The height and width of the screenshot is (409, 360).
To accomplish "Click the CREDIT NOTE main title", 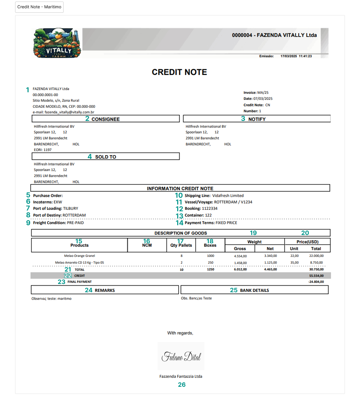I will point(179,72).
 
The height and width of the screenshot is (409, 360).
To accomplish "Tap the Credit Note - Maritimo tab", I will point(39,7).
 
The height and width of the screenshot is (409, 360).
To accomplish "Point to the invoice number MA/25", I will point(263,92).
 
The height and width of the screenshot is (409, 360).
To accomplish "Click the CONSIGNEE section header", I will point(105,119).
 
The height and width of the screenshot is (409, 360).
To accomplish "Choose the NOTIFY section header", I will point(257,119).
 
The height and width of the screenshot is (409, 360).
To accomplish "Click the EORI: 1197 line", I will point(43,150).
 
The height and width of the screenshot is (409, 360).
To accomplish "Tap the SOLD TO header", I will point(105,157).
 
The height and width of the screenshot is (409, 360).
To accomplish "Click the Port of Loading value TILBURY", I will point(70,208).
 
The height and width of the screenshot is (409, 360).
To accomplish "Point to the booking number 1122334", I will point(210,208).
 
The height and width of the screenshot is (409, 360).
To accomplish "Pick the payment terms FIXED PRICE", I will point(226,223).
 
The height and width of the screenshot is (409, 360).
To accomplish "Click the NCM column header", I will point(147,245).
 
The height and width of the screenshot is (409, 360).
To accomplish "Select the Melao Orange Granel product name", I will point(80,256).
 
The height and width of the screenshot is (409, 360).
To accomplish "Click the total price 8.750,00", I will point(316,262).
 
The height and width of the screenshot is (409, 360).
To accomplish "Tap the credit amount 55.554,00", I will point(316,276).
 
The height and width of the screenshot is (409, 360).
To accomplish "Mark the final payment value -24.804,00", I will point(316,282).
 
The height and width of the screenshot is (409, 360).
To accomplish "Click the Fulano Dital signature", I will point(181,356).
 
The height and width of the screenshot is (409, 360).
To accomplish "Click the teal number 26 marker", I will point(182,385).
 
